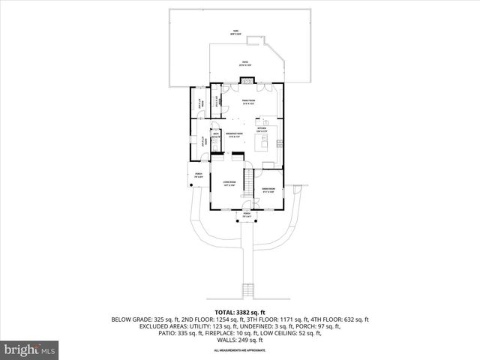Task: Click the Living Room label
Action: [x=229, y=183]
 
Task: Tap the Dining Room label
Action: [x=268, y=189]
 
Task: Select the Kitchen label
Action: [x=262, y=129]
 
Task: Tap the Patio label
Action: [x=244, y=64]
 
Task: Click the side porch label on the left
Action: [x=199, y=175]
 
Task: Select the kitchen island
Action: [x=267, y=143]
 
